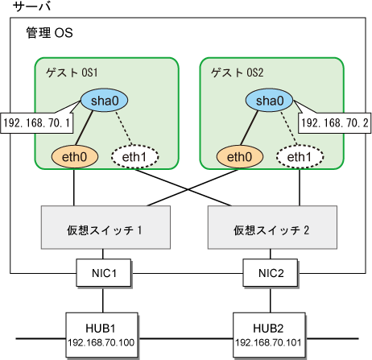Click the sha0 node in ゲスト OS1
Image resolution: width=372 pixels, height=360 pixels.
tap(104, 101)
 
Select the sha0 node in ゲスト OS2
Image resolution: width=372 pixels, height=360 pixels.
tap(269, 101)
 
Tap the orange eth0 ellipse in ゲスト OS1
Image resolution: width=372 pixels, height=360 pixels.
tap(75, 157)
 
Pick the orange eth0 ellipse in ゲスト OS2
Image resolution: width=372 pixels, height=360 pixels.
tap(240, 157)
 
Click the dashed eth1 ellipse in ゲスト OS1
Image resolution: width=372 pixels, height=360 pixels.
tap(134, 157)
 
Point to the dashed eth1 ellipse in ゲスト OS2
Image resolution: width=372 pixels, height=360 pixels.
tap(300, 157)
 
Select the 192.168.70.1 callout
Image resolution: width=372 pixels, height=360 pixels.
tap(37, 123)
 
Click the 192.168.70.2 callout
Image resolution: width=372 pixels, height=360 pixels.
tap(335, 123)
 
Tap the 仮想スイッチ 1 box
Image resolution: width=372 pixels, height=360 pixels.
tap(105, 227)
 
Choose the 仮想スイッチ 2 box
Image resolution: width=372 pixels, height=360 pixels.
tap(272, 227)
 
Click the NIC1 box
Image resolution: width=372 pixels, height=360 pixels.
tap(104, 273)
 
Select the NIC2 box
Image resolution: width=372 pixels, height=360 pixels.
tap(271, 273)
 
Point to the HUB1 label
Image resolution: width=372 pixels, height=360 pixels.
tap(101, 328)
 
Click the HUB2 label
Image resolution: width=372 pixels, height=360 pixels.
tap(268, 328)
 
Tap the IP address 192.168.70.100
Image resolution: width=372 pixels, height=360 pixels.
tap(101, 342)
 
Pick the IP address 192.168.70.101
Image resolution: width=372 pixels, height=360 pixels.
tap(268, 342)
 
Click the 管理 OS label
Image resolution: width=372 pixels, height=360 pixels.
tap(49, 33)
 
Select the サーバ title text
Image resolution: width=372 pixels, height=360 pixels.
tap(31, 6)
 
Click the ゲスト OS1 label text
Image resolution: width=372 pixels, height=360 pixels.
tap(72, 72)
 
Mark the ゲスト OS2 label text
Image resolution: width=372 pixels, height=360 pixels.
tap(237, 72)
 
